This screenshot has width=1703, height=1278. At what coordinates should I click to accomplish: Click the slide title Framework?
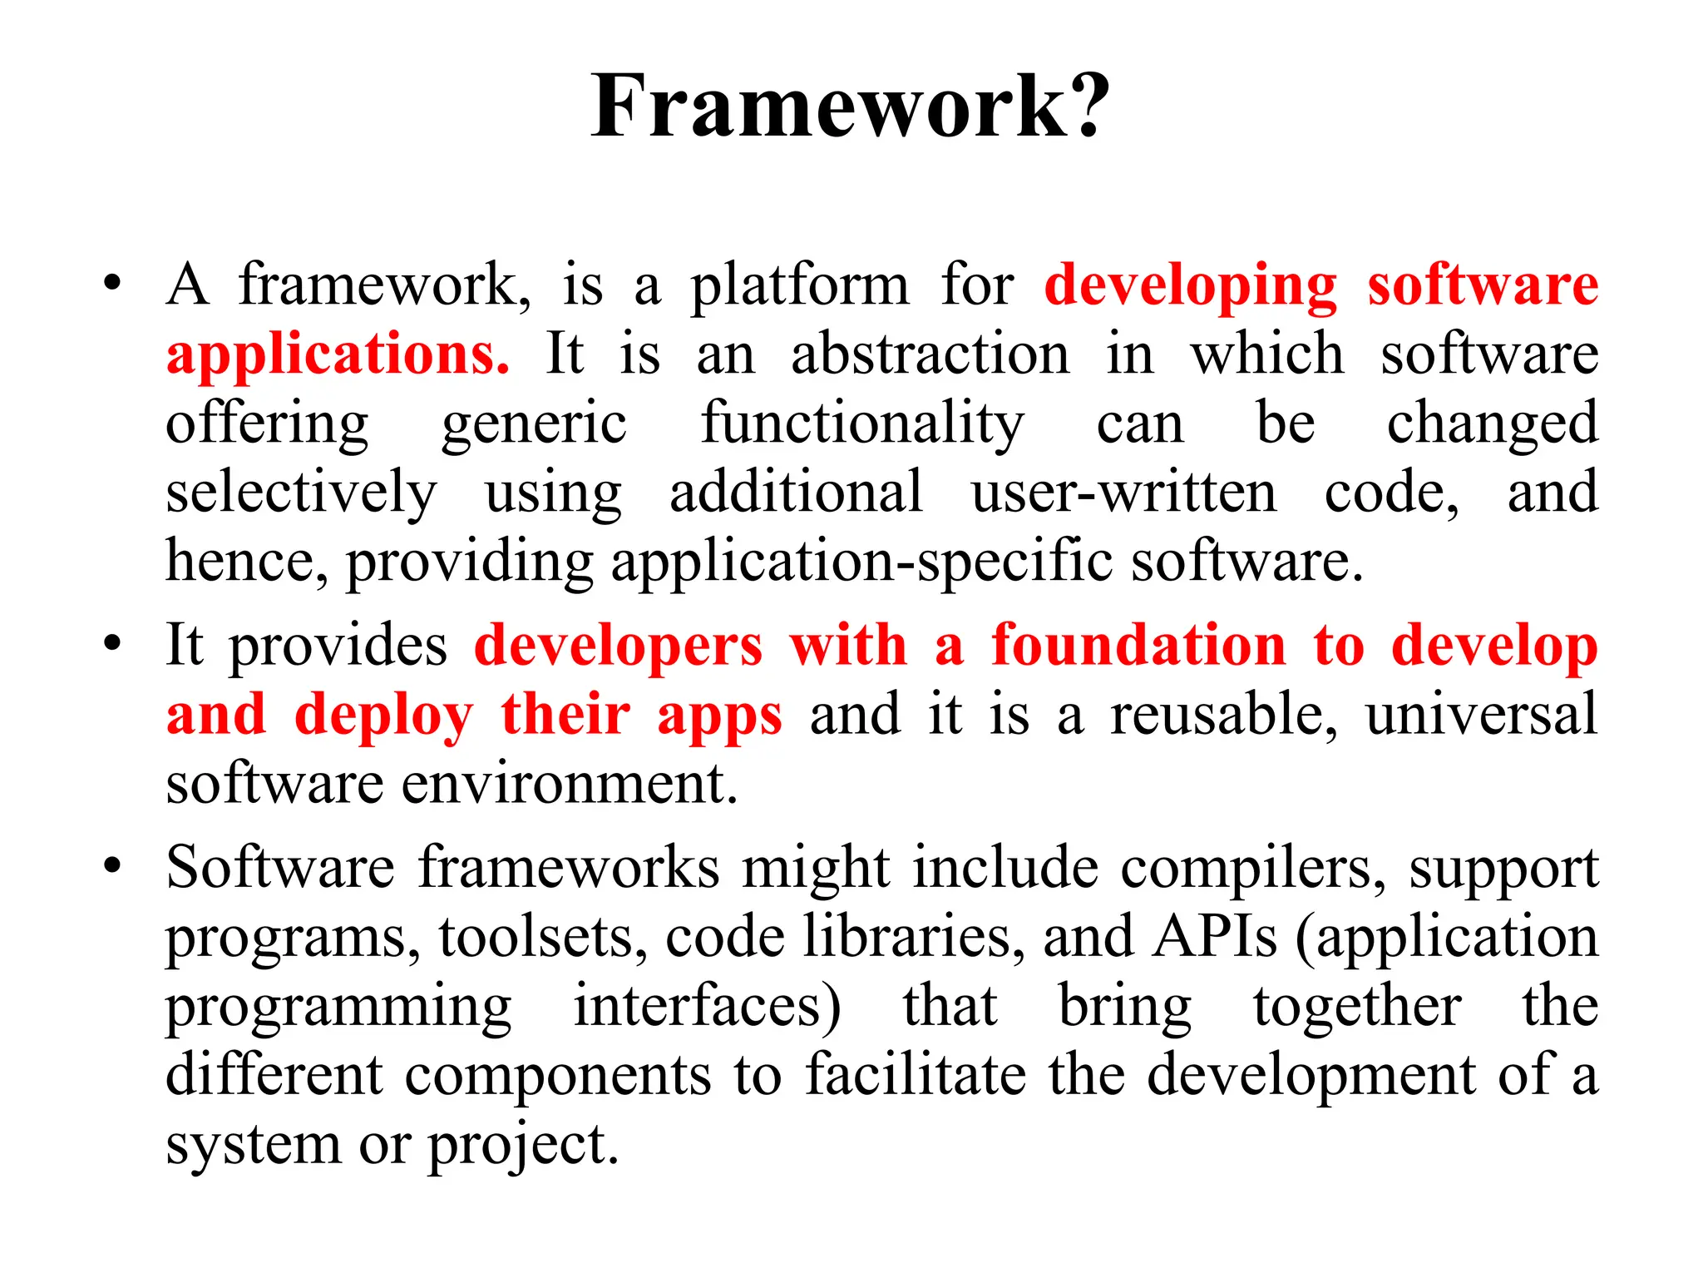pyautogui.click(x=851, y=106)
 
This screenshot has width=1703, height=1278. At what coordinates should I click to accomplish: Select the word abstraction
pyautogui.click(x=930, y=354)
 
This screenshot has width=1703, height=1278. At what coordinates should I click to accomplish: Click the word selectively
pyautogui.click(x=300, y=493)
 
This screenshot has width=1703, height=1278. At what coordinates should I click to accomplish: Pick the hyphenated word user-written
pyautogui.click(x=1123, y=493)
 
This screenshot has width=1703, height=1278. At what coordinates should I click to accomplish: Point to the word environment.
pyautogui.click(x=570, y=785)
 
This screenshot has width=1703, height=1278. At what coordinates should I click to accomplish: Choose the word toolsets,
pyautogui.click(x=543, y=939)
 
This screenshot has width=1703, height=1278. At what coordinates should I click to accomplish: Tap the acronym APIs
pyautogui.click(x=1214, y=938)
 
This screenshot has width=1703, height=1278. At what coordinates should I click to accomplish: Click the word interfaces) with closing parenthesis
pyautogui.click(x=707, y=1008)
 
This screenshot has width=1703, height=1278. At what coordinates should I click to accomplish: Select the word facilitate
pyautogui.click(x=916, y=1076)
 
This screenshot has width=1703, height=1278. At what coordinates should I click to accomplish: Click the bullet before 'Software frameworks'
pyautogui.click(x=112, y=866)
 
